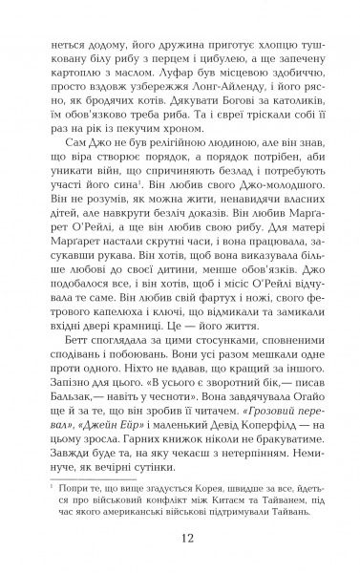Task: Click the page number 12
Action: pos(180,537)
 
